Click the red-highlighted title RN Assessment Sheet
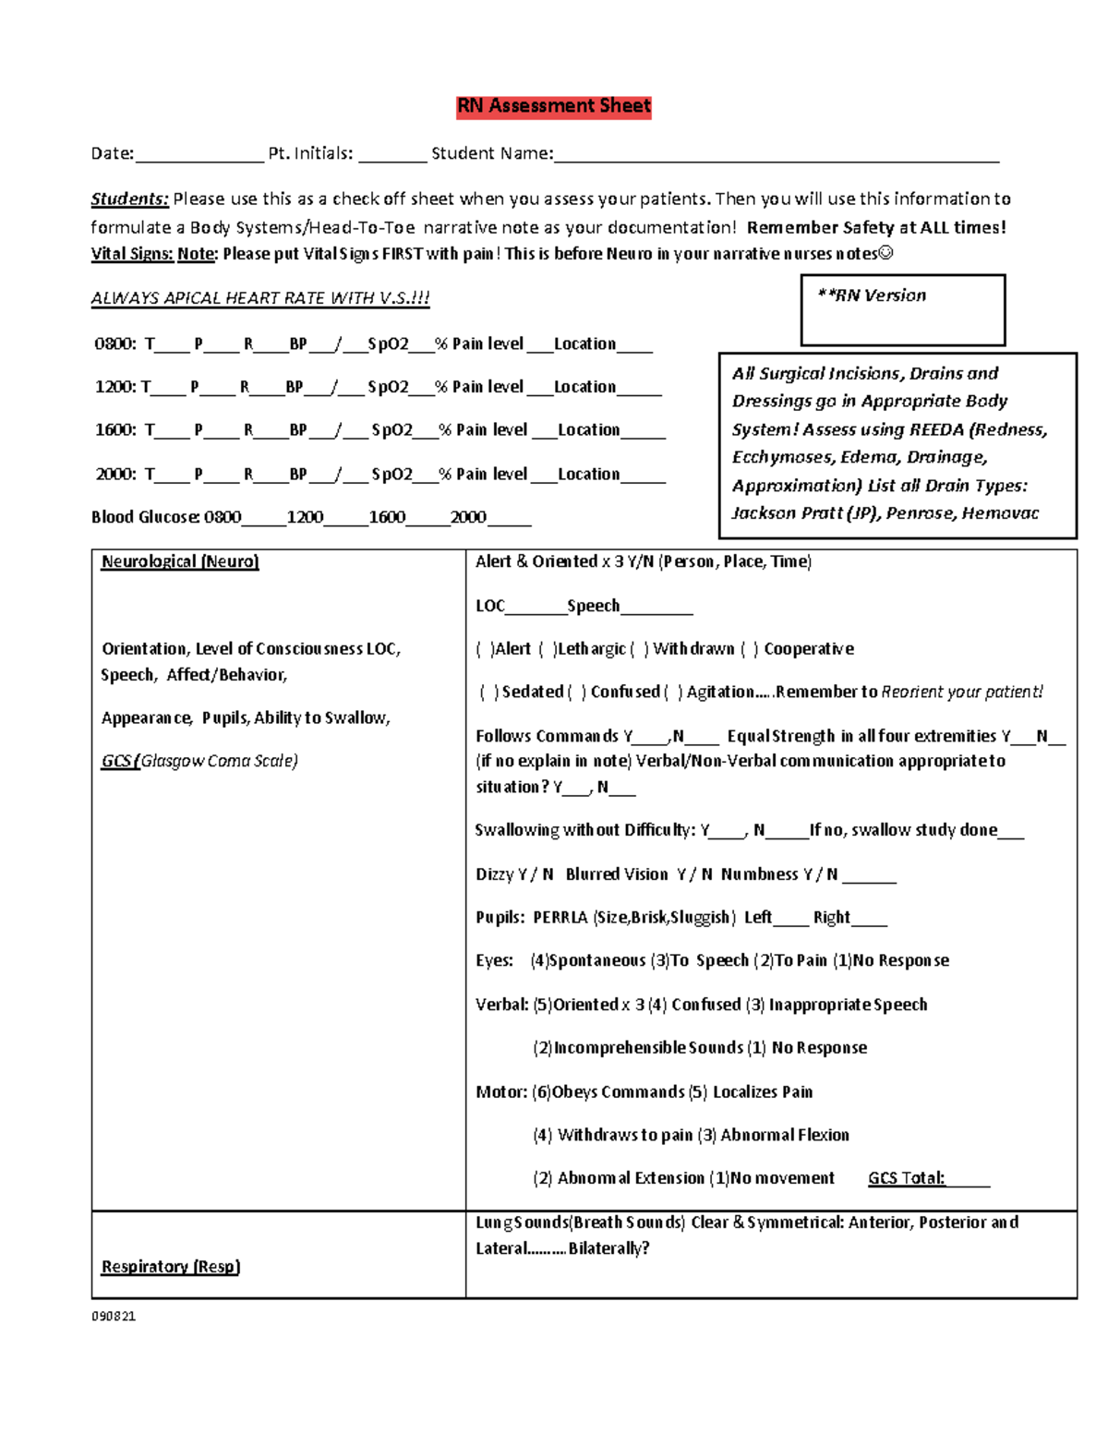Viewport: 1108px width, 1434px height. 554,106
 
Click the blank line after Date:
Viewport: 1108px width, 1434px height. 199,155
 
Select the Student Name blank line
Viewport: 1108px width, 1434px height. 776,155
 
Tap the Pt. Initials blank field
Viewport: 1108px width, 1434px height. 392,155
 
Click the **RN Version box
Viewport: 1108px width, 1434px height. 902,309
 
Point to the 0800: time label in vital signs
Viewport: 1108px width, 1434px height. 114,344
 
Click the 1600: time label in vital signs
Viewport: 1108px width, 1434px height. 114,430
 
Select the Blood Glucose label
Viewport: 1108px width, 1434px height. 145,517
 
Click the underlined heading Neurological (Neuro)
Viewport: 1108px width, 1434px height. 180,561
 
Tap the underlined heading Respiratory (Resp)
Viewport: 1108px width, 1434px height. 171,1267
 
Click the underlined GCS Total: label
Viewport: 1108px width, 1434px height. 906,1178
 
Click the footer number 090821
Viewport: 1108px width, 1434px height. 114,1316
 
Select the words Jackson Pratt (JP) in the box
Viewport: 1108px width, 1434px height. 805,513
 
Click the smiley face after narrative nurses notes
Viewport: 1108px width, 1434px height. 886,254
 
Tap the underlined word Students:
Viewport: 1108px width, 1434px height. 129,199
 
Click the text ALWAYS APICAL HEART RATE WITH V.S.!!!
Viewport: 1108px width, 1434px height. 260,298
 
